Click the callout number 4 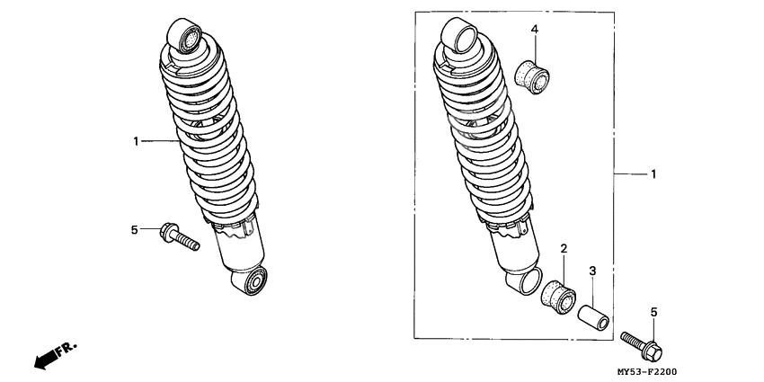pos(535,30)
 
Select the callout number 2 pos(564,249)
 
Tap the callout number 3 pos(592,271)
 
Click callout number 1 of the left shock pos(136,141)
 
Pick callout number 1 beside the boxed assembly pos(653,174)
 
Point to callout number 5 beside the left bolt pos(135,229)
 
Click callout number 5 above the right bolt pos(653,312)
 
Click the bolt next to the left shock pos(179,236)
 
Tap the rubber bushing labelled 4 pos(532,77)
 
